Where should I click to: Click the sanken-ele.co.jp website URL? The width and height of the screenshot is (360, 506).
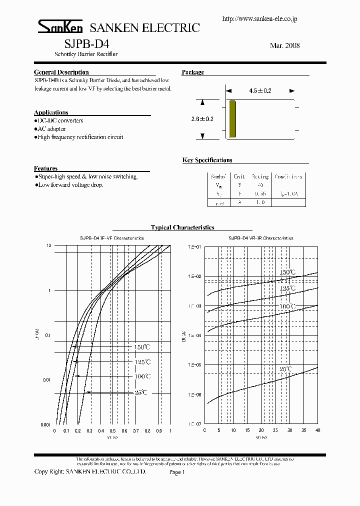pyautogui.click(x=259, y=18)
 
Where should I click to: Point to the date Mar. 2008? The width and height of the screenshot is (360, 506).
pyautogui.click(x=284, y=45)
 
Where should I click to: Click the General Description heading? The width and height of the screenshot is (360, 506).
pyautogui.click(x=61, y=72)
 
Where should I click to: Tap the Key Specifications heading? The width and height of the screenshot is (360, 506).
pyautogui.click(x=207, y=160)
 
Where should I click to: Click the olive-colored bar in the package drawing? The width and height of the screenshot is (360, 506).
pyautogui.click(x=232, y=118)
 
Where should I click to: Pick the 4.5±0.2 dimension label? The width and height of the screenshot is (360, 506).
pyautogui.click(x=259, y=91)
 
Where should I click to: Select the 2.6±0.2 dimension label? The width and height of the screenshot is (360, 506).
pyautogui.click(x=202, y=119)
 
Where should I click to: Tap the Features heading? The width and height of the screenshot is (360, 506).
pyautogui.click(x=45, y=168)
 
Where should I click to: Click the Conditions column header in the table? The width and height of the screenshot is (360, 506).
pyautogui.click(x=288, y=177)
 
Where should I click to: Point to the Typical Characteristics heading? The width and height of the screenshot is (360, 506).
pyautogui.click(x=182, y=227)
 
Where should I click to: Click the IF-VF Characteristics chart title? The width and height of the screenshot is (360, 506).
pyautogui.click(x=112, y=239)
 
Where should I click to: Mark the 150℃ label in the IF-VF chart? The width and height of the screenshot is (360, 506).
pyautogui.click(x=141, y=347)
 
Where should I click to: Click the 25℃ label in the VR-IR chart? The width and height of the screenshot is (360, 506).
pyautogui.click(x=286, y=369)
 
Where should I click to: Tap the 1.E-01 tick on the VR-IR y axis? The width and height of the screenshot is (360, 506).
pyautogui.click(x=194, y=247)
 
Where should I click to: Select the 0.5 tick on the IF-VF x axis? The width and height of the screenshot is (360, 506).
pyautogui.click(x=112, y=430)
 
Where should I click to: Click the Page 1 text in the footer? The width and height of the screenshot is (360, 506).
pyautogui.click(x=177, y=472)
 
